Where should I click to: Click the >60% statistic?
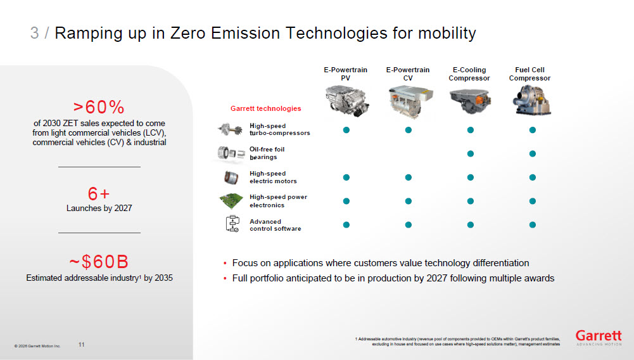tap(99, 107)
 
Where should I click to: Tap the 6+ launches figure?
tap(99, 194)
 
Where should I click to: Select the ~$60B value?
tap(99, 262)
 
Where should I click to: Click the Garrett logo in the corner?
tap(599, 337)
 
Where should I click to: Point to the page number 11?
tap(81, 345)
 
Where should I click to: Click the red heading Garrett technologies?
tap(265, 108)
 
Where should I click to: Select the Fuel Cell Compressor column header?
tap(529, 74)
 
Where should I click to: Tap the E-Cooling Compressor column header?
tap(469, 74)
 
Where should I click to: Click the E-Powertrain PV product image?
tap(346, 101)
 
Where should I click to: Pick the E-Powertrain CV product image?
tap(410, 102)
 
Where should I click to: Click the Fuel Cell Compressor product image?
tap(531, 101)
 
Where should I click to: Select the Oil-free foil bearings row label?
tap(267, 153)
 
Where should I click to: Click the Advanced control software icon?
tap(232, 224)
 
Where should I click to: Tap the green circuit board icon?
tap(231, 200)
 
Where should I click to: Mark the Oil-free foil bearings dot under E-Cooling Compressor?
tap(470, 154)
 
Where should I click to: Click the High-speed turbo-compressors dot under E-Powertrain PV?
tap(346, 130)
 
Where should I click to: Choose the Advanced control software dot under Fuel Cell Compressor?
tap(533, 225)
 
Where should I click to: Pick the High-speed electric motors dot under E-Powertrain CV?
tap(409, 177)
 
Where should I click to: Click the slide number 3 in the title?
tap(34, 33)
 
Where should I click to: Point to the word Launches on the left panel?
tap(84, 208)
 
